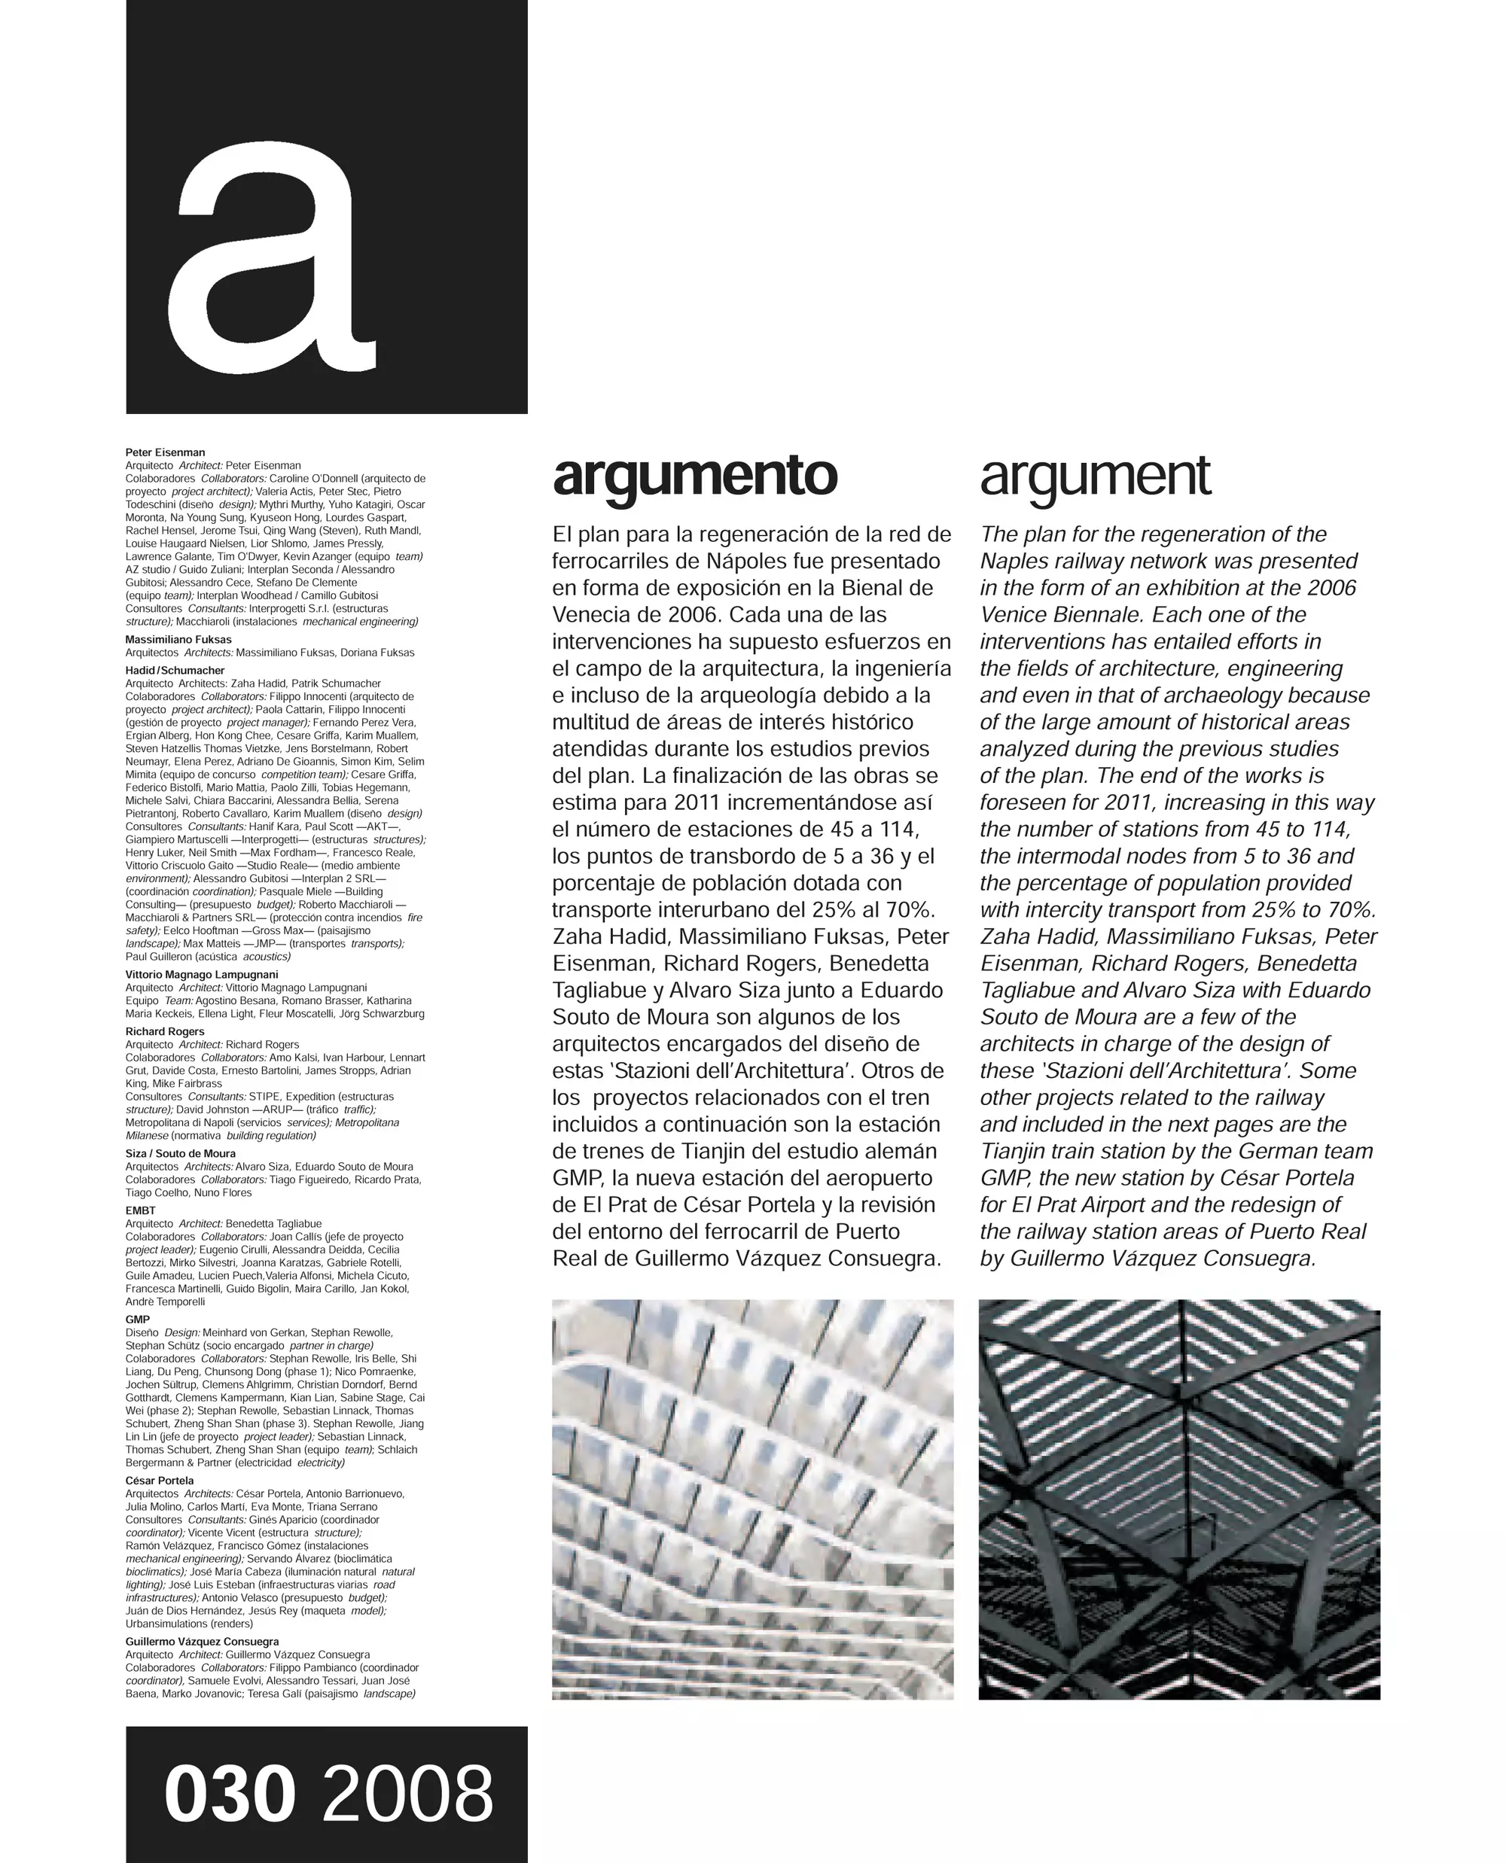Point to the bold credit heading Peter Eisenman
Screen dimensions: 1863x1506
click(x=165, y=452)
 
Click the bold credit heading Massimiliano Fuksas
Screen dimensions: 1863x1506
click(x=178, y=639)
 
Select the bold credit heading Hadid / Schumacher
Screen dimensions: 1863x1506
click(x=175, y=671)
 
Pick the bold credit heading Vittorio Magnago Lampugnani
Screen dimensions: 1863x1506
click(x=201, y=974)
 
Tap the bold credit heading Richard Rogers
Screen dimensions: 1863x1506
click(x=165, y=1031)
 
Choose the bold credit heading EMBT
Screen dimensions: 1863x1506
click(x=141, y=1210)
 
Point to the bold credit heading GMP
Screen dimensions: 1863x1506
click(x=137, y=1320)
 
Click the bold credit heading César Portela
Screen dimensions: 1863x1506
click(x=159, y=1481)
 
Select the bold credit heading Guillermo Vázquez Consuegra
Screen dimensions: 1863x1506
click(x=202, y=1642)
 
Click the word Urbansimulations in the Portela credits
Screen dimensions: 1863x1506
click(x=166, y=1624)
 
